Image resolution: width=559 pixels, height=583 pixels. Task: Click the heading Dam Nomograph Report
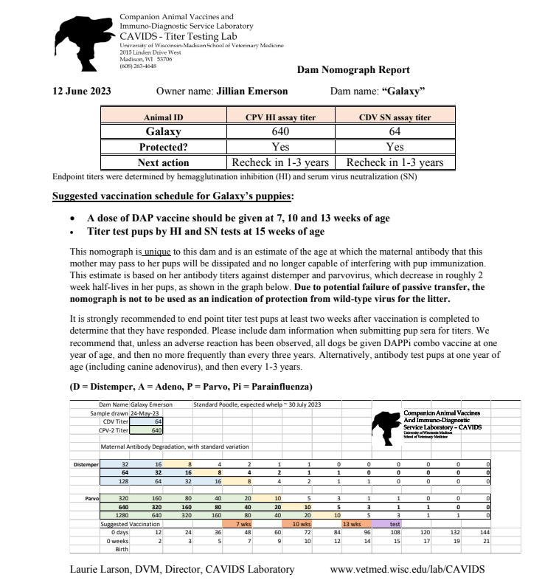coord(353,70)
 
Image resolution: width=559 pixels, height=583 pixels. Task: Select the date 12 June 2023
coord(82,92)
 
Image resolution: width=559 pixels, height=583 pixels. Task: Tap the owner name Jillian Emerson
coord(251,92)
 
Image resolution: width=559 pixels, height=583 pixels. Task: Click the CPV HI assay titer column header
coord(280,117)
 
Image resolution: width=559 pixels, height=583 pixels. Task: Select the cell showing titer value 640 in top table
coord(280,131)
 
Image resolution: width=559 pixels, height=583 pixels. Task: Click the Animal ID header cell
coord(163,117)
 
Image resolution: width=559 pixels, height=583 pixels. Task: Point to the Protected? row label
coord(163,147)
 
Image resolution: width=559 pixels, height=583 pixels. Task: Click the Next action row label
coord(163,162)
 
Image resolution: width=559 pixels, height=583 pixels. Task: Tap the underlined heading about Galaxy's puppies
coord(173,196)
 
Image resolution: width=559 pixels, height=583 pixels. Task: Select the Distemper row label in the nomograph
coord(86,464)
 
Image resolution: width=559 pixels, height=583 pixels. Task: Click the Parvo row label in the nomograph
coord(91,498)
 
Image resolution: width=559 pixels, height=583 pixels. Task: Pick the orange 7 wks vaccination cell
coord(243,524)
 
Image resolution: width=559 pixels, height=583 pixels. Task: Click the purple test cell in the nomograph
coord(395,524)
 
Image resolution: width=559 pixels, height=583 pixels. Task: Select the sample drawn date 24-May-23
coord(146,413)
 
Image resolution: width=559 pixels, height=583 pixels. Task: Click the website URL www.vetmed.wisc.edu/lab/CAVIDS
coord(408,569)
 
